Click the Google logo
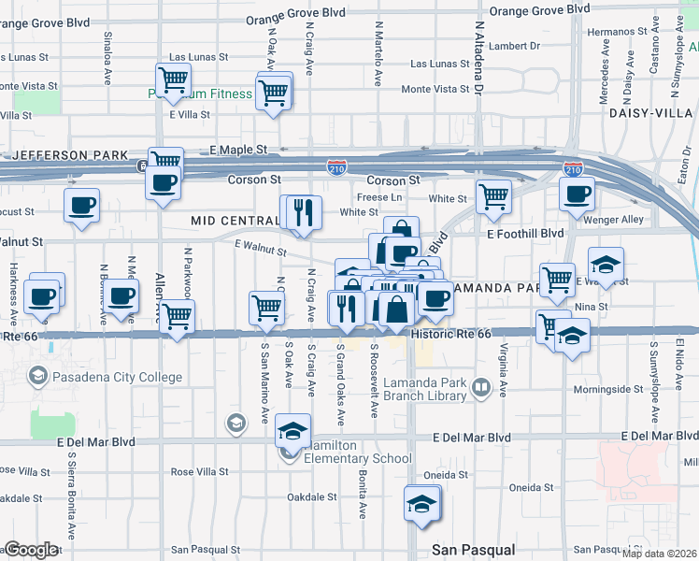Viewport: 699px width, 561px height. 31,550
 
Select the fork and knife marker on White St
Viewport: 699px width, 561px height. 304,211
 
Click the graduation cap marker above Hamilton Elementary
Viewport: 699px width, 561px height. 292,430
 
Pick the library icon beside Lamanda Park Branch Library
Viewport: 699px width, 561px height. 481,386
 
